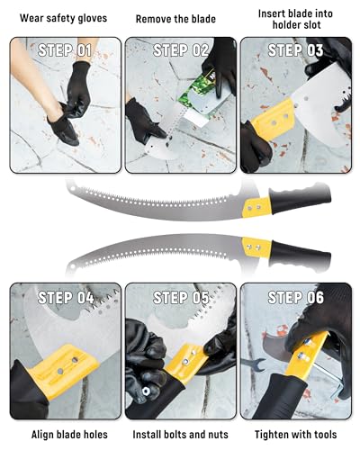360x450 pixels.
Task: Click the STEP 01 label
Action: coord(65,50)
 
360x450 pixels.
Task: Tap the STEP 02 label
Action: coord(181,50)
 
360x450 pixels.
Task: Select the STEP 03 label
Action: coord(295,50)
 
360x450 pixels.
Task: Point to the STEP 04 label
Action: coord(66,298)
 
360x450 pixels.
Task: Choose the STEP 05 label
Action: coord(181,298)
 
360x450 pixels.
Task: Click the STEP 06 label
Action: coord(296,298)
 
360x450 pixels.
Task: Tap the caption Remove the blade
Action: coord(175,19)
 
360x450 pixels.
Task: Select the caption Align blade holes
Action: coord(69,435)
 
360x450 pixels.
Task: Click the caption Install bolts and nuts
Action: coord(180,435)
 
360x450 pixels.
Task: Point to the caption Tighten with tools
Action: coord(295,435)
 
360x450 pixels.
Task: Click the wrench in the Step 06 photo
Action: coord(254,364)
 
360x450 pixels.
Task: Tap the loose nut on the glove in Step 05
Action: coord(146,391)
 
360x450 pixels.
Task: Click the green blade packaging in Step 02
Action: coord(196,92)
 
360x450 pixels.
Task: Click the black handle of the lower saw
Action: coord(301,256)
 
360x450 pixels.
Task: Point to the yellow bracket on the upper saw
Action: coord(256,207)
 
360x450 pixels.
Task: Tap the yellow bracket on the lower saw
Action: coord(256,247)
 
